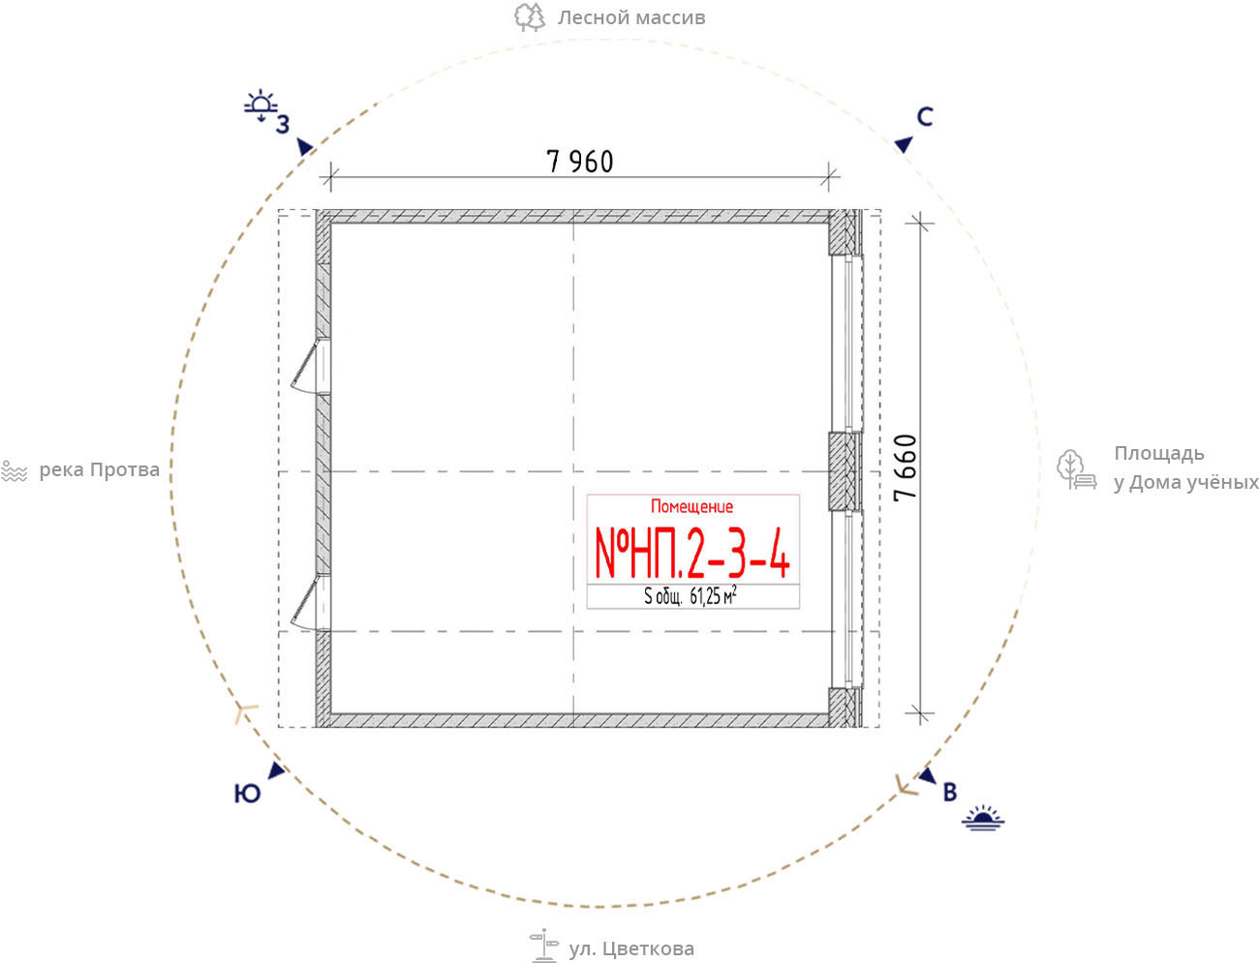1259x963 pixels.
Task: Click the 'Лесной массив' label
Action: click(x=631, y=18)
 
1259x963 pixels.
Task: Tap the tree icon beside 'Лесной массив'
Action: click(x=529, y=16)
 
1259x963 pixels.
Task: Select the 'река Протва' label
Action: click(x=99, y=470)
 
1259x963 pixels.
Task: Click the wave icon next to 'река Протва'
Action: click(x=15, y=471)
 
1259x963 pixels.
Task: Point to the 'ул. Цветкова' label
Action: click(x=631, y=948)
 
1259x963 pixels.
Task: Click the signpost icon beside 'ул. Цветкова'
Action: click(x=543, y=946)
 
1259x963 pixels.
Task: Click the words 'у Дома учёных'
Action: click(x=1186, y=483)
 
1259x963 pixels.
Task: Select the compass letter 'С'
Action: click(x=925, y=117)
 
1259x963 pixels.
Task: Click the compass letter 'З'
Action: click(x=283, y=125)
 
